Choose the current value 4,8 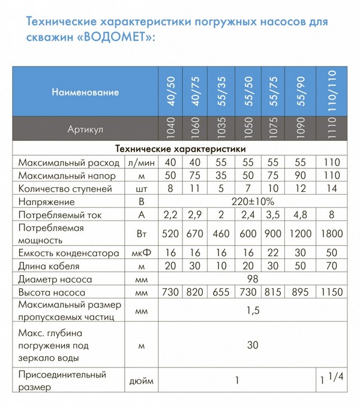coord(302,216)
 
